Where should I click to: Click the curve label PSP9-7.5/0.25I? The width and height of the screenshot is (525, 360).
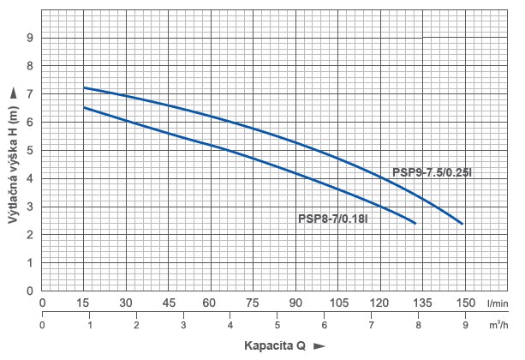pos(433,172)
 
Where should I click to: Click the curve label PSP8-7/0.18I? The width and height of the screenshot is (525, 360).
pos(333,219)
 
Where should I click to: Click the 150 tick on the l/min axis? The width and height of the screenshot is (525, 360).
pos(464,303)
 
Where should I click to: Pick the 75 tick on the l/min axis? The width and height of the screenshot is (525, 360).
pos(253,303)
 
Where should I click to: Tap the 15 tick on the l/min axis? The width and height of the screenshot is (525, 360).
pos(84,303)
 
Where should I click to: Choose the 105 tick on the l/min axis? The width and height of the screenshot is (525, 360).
pos(337,303)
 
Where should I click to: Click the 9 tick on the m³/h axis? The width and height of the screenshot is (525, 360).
pos(464,326)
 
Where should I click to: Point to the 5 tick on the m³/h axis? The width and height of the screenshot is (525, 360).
pos(277,326)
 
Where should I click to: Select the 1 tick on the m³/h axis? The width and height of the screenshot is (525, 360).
pos(89,326)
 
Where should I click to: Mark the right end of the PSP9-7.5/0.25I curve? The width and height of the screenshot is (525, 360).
pos(462,224)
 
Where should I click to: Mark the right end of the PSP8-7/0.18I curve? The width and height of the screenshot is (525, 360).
pos(415,223)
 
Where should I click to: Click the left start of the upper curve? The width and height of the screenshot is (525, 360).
pos(84,87)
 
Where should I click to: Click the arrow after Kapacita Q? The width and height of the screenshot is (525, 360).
pos(320,346)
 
